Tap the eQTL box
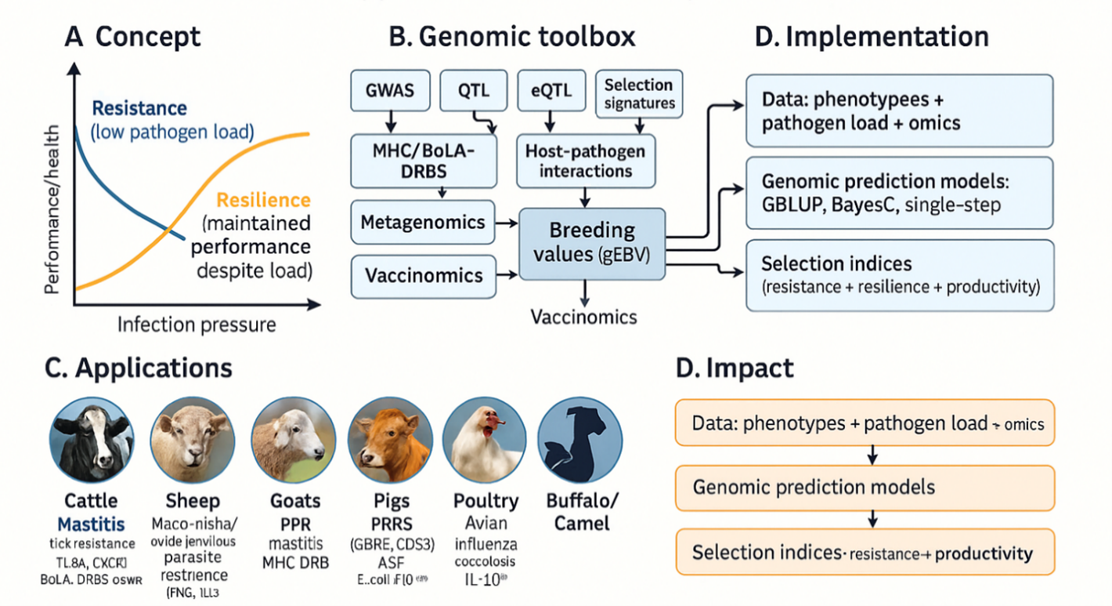[551, 90]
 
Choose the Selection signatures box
[639, 94]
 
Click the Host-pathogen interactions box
[587, 161]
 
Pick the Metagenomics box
[423, 223]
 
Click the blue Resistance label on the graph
[139, 109]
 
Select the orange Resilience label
[263, 200]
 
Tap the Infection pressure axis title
[197, 324]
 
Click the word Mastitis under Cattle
[91, 524]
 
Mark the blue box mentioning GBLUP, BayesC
[899, 193]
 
